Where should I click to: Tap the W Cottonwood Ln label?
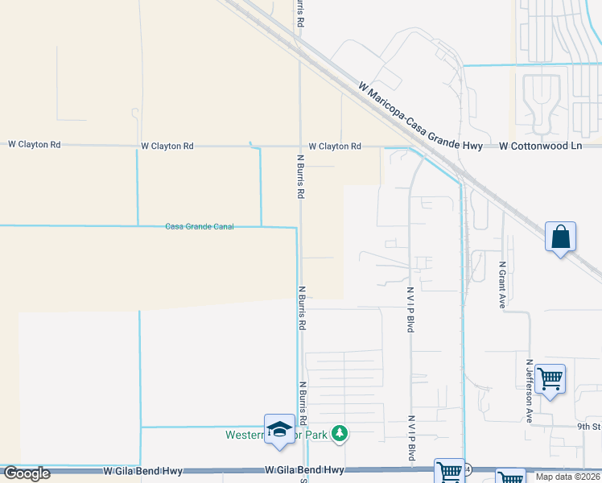(x=540, y=147)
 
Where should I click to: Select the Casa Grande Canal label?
(x=200, y=226)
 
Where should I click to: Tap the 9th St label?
(x=589, y=427)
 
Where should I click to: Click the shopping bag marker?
(x=560, y=238)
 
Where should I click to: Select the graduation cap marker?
(x=279, y=429)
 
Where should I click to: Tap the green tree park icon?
(x=340, y=434)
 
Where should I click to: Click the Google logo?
(x=27, y=473)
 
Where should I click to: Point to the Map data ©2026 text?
(x=567, y=477)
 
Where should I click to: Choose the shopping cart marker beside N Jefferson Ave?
(x=550, y=378)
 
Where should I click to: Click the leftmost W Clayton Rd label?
(x=35, y=145)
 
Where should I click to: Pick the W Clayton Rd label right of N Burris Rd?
(x=334, y=147)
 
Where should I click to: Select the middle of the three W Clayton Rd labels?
(x=167, y=147)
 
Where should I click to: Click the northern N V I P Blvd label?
(x=410, y=310)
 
